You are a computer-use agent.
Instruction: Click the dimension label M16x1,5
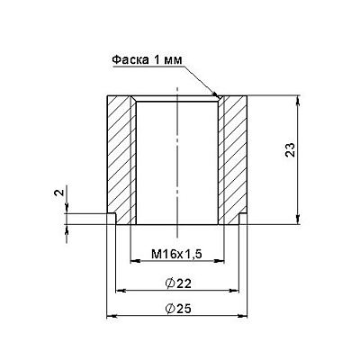point(176,255)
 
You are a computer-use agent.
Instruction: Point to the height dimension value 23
point(291,150)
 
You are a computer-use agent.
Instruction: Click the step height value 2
point(58,193)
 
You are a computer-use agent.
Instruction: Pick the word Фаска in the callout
point(130,60)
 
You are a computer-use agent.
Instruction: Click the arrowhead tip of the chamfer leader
point(217,96)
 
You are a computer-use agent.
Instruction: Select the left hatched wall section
point(121,159)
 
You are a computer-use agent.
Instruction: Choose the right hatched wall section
point(232,159)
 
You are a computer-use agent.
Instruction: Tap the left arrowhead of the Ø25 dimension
point(112,316)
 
